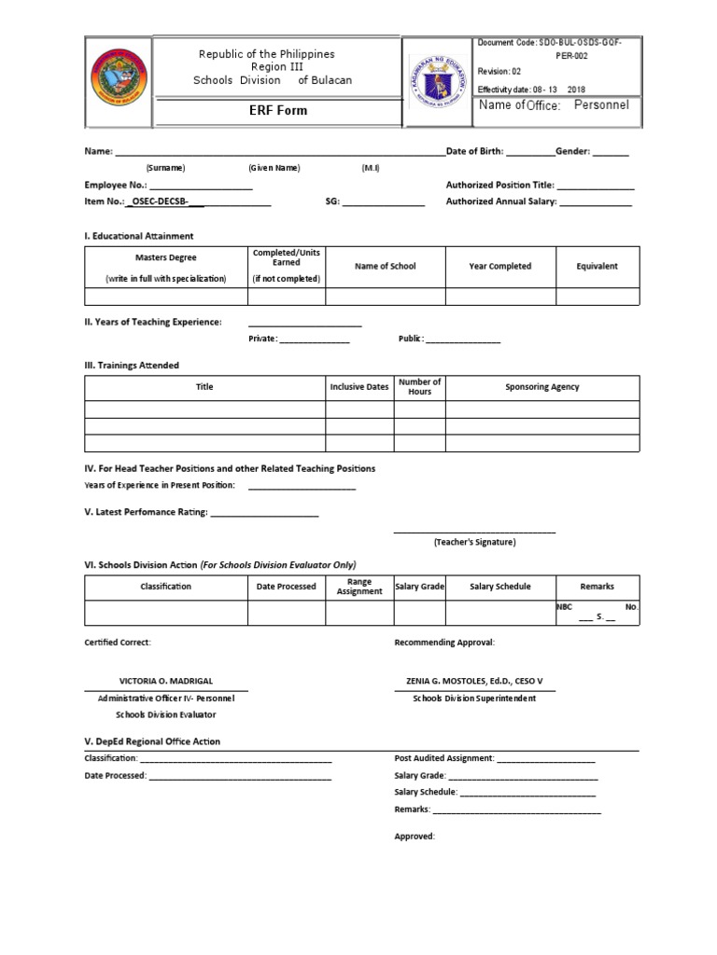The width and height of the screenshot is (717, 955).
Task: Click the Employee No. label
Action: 116,186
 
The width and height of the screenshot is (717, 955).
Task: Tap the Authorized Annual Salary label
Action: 501,201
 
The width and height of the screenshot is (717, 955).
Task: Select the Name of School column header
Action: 385,267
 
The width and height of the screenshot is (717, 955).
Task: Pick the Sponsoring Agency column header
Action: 541,387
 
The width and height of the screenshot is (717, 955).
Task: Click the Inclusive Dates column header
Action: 358,387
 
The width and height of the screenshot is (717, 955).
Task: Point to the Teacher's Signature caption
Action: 474,542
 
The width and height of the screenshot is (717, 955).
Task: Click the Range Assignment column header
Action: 359,587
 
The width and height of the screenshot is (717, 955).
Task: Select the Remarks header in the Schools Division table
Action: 597,587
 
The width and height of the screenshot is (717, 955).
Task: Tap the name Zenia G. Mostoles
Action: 474,682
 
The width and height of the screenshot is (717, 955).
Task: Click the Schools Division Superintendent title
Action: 474,699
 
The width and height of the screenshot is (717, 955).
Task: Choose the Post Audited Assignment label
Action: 443,759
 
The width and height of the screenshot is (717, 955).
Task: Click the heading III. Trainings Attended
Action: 132,366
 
